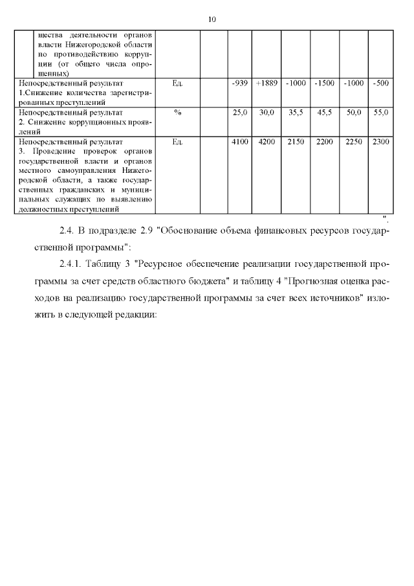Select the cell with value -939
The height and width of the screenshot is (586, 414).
pos(239,84)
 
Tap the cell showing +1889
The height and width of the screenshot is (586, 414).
pos(267,84)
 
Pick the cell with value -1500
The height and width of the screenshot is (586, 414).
pos(324,84)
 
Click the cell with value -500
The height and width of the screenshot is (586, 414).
pos(381,84)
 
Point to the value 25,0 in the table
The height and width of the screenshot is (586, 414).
pos(240,113)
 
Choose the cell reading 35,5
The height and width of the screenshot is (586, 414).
pos(296,113)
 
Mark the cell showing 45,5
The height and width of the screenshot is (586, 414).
pos(324,113)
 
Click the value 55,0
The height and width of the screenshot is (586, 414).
pos(381,113)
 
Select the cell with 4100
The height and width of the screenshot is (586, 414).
pos(239,141)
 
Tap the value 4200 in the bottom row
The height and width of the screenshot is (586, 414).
pos(267,141)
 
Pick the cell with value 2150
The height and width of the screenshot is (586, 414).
pos(296,141)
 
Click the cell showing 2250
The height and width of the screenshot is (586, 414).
pos(353,141)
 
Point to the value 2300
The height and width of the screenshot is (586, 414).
pos(381,141)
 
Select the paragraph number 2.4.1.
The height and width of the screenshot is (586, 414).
pos(71,265)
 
